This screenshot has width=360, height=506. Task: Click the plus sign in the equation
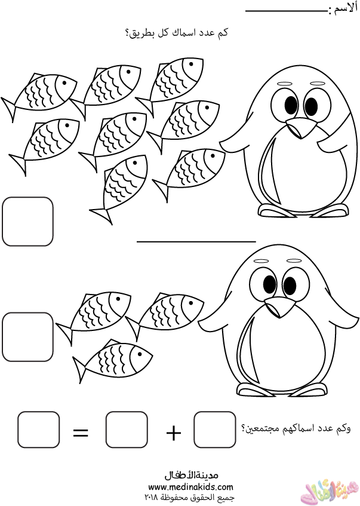[x=174, y=432]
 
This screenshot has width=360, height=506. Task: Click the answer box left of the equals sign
[x=39, y=430]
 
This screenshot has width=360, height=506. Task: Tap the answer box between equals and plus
[x=127, y=430]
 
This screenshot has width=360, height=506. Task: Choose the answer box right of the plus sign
[x=215, y=430]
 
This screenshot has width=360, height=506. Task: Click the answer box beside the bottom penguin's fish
[x=27, y=337]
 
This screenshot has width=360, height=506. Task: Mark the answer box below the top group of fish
[x=27, y=222]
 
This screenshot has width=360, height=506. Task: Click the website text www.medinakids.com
[x=190, y=486]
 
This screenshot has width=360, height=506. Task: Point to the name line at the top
[x=287, y=11]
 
